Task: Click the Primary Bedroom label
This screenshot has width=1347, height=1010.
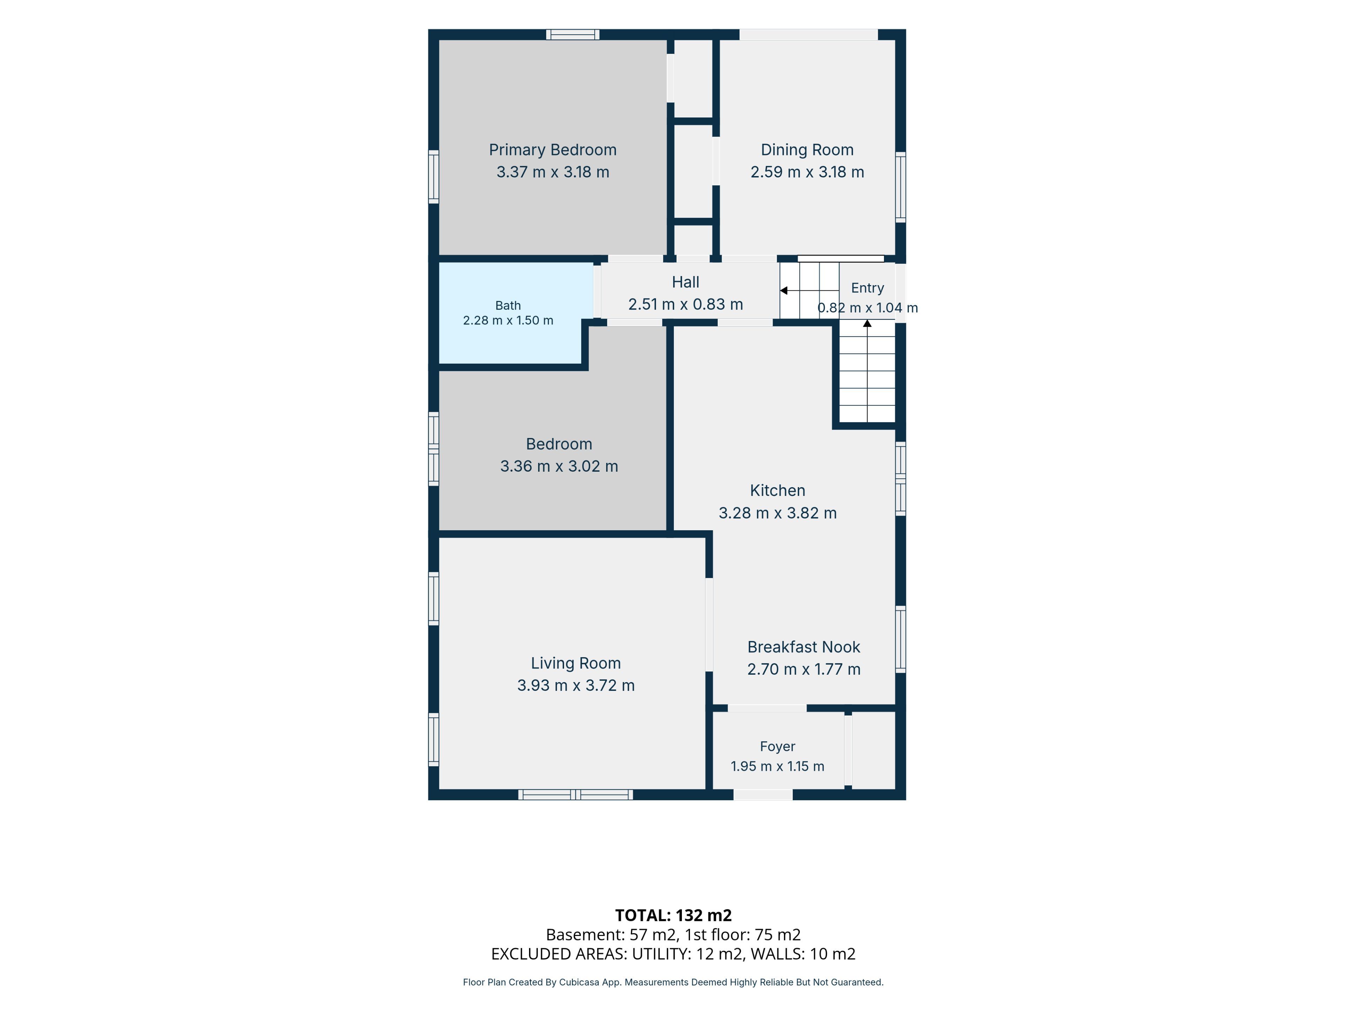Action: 552,150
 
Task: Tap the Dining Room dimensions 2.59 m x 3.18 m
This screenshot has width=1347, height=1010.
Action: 807,172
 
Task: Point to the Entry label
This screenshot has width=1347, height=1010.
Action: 867,288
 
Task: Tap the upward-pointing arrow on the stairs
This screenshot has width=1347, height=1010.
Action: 867,370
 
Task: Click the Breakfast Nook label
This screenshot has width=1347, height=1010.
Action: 804,647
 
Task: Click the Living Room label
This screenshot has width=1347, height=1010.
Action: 576,663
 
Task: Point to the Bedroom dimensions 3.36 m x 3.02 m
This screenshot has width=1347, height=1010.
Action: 559,466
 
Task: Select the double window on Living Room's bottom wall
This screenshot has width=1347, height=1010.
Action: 576,794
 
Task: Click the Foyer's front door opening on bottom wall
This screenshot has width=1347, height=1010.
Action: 763,794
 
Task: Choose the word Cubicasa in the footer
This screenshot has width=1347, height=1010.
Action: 580,982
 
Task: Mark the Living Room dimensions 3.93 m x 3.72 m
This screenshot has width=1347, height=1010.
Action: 576,685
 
